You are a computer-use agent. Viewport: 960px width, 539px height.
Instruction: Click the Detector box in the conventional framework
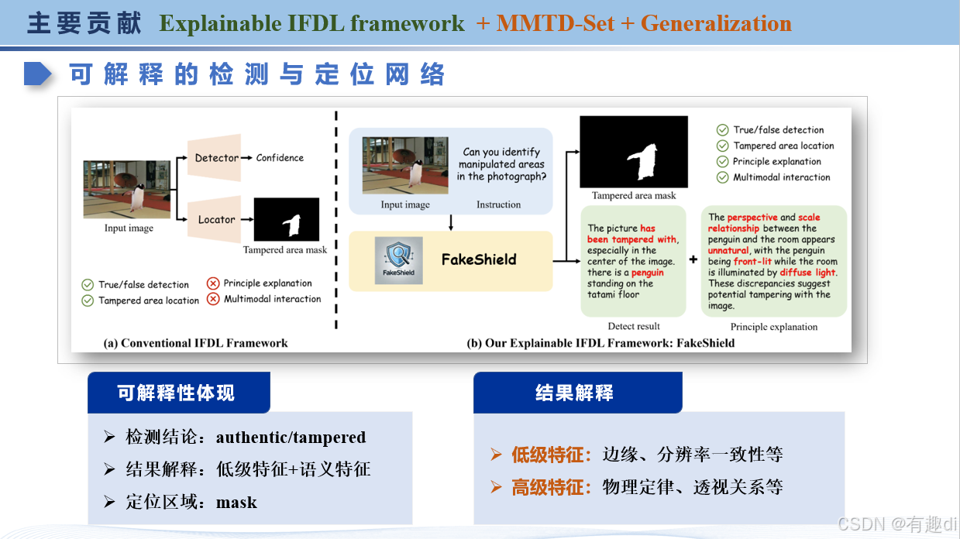tap(216, 158)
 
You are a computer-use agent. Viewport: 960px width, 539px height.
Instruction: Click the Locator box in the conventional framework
tap(215, 219)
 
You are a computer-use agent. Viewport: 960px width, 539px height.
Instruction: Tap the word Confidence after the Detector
tap(280, 158)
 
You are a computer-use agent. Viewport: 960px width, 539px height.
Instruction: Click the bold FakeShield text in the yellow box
tap(478, 259)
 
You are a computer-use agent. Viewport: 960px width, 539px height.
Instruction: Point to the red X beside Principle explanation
tap(213, 283)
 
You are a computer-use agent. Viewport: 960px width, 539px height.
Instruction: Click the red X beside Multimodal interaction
tap(213, 299)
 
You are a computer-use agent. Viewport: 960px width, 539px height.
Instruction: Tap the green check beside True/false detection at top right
tap(722, 130)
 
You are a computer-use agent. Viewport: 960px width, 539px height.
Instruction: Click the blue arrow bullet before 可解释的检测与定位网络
tap(37, 74)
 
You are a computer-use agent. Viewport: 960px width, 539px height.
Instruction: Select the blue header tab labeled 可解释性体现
tap(177, 393)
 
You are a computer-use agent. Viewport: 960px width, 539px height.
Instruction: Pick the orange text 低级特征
tap(552, 455)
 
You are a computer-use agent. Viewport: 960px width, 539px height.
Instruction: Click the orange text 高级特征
tap(552, 487)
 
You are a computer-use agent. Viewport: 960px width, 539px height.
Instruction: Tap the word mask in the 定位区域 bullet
tap(236, 502)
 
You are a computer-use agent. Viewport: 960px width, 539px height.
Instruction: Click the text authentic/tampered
tap(291, 438)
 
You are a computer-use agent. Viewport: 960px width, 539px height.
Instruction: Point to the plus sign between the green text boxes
tap(693, 260)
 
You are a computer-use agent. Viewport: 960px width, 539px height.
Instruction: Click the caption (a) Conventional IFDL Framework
tap(195, 342)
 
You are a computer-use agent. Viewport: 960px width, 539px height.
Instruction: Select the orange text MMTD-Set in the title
tap(555, 23)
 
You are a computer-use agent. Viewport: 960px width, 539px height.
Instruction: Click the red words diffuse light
tap(808, 273)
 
